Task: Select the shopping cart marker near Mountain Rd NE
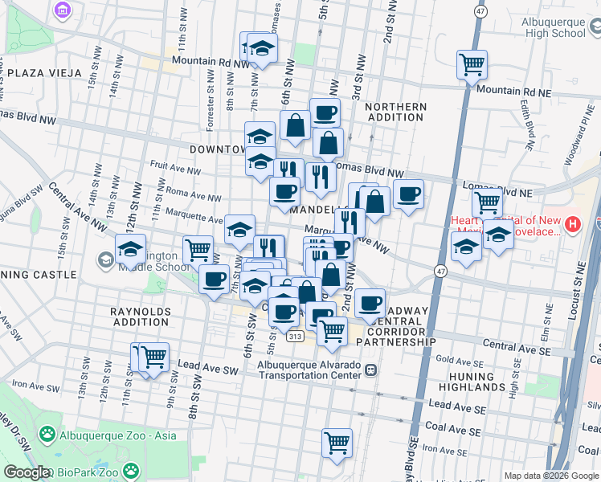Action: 472,64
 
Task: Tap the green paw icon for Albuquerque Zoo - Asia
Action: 47,435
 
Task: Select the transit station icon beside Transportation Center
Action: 370,370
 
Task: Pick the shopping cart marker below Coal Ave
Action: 337,442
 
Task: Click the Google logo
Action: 26,472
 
